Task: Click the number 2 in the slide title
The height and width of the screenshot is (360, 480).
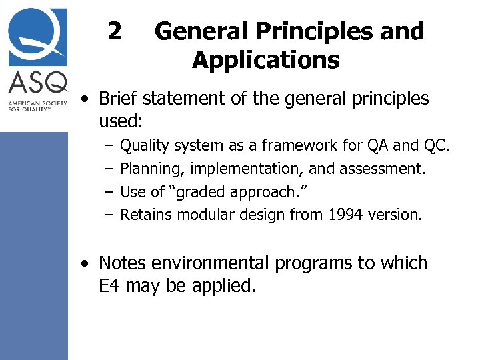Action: click(x=115, y=31)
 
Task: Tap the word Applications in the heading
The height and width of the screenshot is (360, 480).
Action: click(x=265, y=61)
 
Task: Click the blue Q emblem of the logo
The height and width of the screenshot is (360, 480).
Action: click(x=37, y=35)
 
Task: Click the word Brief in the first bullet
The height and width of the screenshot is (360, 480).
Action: click(x=119, y=99)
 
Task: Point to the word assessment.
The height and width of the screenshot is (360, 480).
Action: click(x=381, y=169)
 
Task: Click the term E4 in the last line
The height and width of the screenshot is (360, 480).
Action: click(x=109, y=287)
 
